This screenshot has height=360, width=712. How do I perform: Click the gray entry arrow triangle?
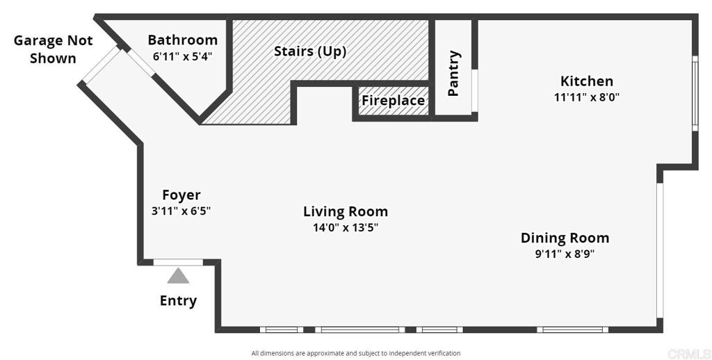click(178, 276)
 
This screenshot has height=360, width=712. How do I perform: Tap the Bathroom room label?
click(183, 40)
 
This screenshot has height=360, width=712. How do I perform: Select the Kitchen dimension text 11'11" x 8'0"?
click(587, 97)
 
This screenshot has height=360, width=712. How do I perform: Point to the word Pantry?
click(453, 73)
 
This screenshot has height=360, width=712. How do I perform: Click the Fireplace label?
click(394, 100)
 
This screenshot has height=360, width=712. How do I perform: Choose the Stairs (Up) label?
click(310, 51)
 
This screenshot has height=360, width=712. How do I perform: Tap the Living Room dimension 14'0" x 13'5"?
click(346, 227)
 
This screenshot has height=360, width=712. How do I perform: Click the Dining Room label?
click(565, 238)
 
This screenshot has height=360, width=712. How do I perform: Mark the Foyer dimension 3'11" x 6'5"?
click(181, 211)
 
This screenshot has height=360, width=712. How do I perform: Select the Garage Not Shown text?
click(53, 49)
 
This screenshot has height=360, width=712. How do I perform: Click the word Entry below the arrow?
click(178, 300)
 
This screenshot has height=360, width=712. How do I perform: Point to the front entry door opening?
click(178, 263)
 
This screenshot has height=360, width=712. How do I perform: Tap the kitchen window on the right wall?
click(695, 93)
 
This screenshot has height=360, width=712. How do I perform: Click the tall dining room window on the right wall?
click(660, 250)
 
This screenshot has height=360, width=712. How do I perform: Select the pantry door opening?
click(474, 90)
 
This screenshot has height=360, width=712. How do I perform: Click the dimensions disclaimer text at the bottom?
click(356, 353)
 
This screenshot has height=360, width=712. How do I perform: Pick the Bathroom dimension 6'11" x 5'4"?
click(183, 57)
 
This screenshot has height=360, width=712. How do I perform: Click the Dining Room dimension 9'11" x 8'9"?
click(565, 254)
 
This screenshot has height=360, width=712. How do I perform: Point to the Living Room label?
click(346, 211)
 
